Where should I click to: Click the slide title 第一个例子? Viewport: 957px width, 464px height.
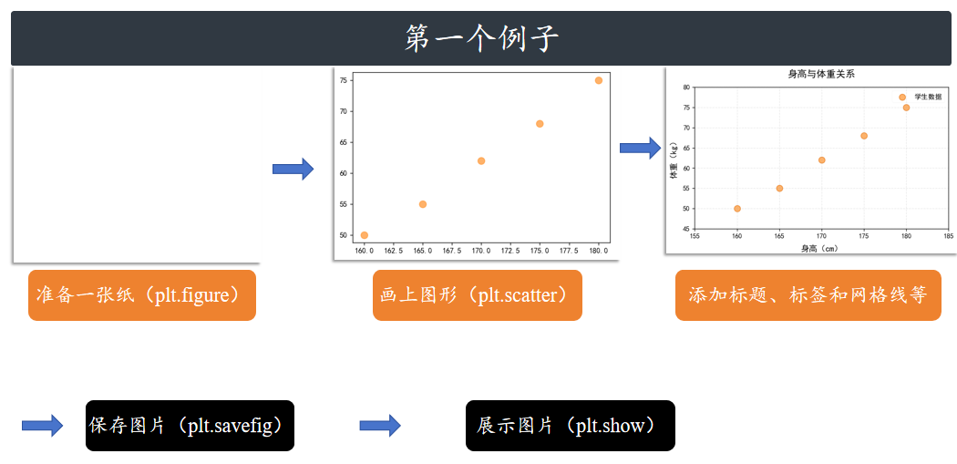coord(481,38)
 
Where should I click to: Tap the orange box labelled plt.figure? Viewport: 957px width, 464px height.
coord(142,295)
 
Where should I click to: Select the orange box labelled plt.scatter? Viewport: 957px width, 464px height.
coord(477,295)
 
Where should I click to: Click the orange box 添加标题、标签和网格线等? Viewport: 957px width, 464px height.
coord(808,295)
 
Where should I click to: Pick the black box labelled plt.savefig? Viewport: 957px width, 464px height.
coord(190,426)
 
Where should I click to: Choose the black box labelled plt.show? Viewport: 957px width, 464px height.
coord(570,426)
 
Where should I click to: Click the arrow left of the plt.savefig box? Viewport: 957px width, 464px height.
coord(42,425)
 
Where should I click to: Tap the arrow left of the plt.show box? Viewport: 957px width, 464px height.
coord(380,425)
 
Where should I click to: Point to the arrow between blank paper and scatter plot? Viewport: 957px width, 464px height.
coord(293,169)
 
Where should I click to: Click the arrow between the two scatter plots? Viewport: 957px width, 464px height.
coord(640,148)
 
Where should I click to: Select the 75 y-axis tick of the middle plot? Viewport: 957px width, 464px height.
coord(344,80)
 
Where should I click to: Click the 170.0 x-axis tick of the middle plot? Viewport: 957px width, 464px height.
coord(481,251)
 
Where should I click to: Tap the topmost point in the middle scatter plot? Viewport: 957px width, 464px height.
coord(599,80)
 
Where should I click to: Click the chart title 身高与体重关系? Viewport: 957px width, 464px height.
coord(820,74)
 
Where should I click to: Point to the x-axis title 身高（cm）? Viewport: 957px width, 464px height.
coord(820,248)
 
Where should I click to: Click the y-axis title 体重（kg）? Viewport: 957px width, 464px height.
coord(674,160)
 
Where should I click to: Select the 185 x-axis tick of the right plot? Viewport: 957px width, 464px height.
coord(948,235)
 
